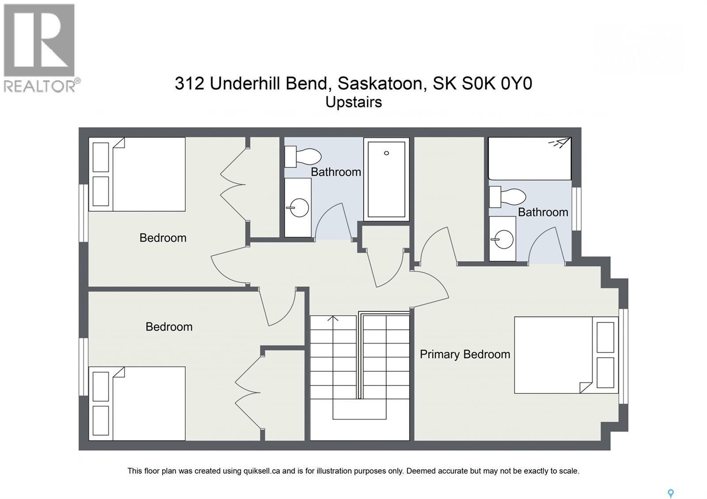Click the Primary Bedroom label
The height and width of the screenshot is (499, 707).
[x=465, y=354]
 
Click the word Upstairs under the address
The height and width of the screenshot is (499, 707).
[x=353, y=102]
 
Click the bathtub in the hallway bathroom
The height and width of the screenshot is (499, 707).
[x=386, y=179]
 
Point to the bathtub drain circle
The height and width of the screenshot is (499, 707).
[x=386, y=153]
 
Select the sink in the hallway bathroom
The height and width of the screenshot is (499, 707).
[x=297, y=208]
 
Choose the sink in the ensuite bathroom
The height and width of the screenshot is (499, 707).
[x=502, y=239]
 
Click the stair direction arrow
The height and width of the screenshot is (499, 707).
[x=333, y=319]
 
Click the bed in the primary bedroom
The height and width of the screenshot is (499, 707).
[x=566, y=355]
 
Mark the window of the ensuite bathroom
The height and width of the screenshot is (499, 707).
[x=576, y=209]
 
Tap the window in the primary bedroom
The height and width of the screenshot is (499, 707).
[x=623, y=356]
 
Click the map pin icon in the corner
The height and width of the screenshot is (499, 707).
[x=670, y=493]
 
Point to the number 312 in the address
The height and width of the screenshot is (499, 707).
[x=189, y=83]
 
